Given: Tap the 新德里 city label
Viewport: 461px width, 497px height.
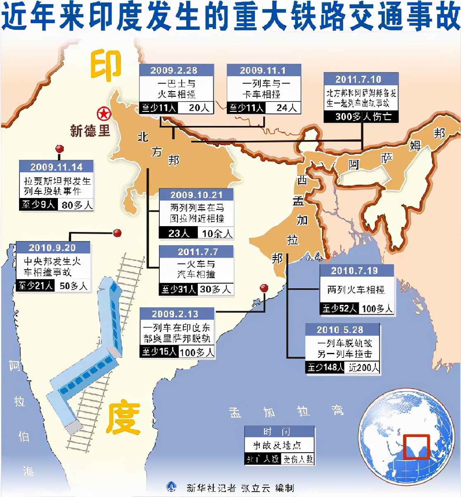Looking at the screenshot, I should coord(90,131).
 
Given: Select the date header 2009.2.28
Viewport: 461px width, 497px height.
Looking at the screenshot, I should coord(174,70).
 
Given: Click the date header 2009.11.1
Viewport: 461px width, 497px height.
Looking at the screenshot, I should coord(263,70).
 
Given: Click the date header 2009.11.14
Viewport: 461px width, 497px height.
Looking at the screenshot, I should coord(56,167).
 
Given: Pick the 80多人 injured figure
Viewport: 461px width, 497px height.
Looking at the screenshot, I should coord(77,205).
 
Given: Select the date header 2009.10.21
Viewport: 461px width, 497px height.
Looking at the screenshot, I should coord(196,195).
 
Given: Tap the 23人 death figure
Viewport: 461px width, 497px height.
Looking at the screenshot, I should coord(178,234).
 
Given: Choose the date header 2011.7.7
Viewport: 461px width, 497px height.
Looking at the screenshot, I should coord(197,252).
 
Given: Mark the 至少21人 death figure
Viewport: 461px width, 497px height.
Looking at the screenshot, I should coord(36,286).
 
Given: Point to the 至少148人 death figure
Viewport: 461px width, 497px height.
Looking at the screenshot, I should coord(326,367).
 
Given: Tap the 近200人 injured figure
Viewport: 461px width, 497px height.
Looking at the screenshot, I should coord(363,367).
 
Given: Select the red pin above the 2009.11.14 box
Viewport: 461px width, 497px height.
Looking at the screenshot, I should coord(60,149).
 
